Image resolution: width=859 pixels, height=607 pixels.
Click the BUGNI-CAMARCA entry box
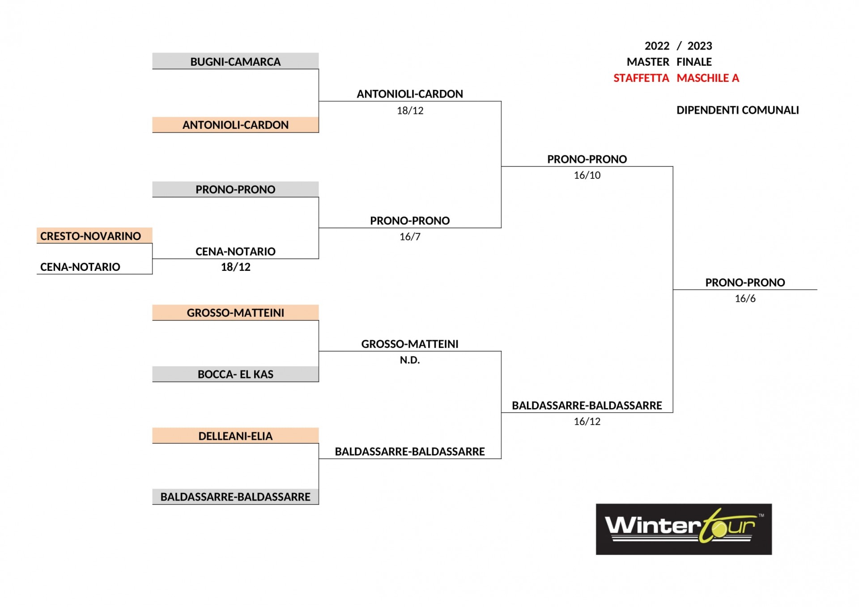(235, 61)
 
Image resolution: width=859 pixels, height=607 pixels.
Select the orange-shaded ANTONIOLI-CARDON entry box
(235, 125)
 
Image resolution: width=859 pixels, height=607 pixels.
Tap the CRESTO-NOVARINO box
(94, 236)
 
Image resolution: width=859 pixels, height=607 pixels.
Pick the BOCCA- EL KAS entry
(235, 374)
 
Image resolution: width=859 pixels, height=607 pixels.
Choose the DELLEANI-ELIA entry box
(235, 436)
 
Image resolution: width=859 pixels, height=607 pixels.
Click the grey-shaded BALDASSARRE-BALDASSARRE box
(235, 497)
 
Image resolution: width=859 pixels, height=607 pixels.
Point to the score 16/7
(410, 237)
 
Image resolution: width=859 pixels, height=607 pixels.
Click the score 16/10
(587, 175)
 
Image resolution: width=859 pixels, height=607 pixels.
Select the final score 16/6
(745, 299)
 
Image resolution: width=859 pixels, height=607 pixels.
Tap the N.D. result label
(410, 360)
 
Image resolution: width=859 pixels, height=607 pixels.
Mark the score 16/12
(587, 422)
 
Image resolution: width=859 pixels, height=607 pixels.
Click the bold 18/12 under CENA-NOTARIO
(236, 267)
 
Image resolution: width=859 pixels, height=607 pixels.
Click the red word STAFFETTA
(641, 78)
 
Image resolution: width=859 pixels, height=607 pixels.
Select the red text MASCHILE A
(708, 78)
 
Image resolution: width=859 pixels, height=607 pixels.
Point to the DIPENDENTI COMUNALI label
(738, 110)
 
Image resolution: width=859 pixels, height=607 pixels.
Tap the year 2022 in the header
(657, 46)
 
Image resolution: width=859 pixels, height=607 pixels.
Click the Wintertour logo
(684, 530)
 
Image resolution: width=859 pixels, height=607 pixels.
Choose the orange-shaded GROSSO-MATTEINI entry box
(235, 312)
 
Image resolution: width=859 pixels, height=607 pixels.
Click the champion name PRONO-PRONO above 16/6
(745, 282)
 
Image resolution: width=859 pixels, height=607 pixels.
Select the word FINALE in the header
(694, 62)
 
